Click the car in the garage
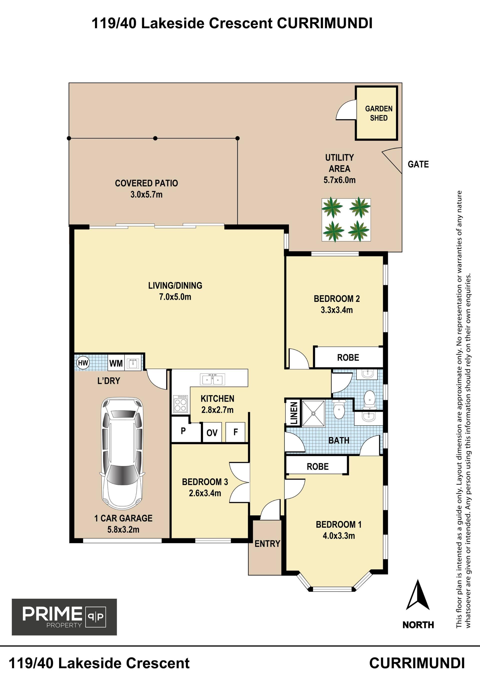point(122,452)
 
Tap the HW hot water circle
point(83,363)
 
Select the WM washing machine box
point(116,363)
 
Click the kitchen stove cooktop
point(180,404)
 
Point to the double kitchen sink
point(212,379)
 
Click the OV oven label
point(212,433)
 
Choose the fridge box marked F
point(235,432)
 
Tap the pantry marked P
point(183,431)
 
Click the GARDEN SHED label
point(378,113)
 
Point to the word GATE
point(418,164)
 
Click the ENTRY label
point(267,543)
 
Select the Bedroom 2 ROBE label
point(348,358)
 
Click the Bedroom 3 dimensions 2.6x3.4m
point(205,493)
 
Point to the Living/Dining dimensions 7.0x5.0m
point(175,297)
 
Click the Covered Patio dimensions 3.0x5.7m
point(146,194)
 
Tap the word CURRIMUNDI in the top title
point(324,23)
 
